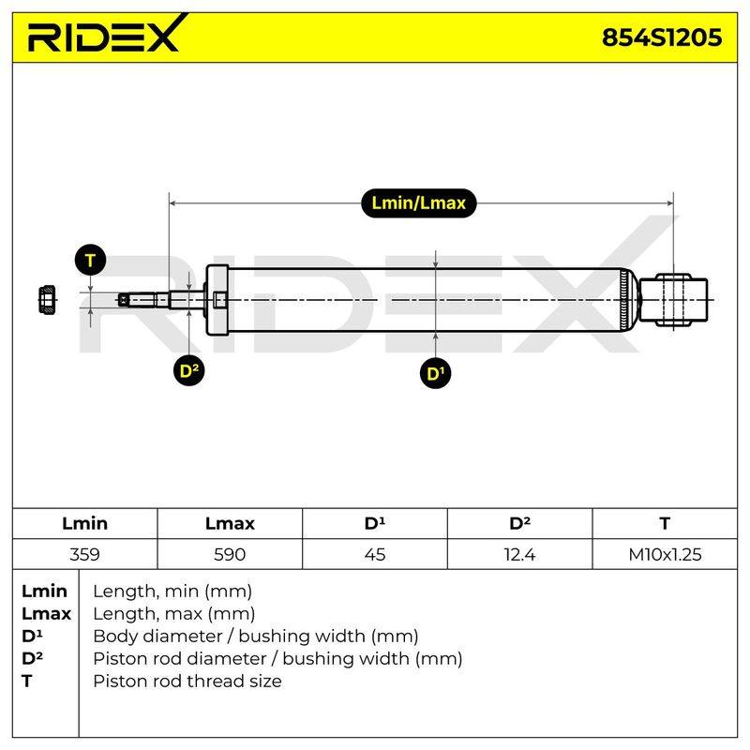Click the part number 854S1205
pos(662,37)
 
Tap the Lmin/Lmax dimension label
pos(418,203)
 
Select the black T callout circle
pos(90,261)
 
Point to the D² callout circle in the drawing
pos(189,370)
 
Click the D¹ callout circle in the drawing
pos(435,373)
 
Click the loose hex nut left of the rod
pos(47,300)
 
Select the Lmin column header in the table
pos(84,523)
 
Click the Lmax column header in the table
pos(230,523)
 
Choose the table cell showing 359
pos(84,554)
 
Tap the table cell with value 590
pos(230,554)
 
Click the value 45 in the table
pos(374,554)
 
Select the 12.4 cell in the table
pos(519,554)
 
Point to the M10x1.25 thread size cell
pos(665,554)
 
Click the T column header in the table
pos(665,523)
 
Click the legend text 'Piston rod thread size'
pos(187,681)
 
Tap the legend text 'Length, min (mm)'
pos(172,592)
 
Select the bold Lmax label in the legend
pos(46,614)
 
